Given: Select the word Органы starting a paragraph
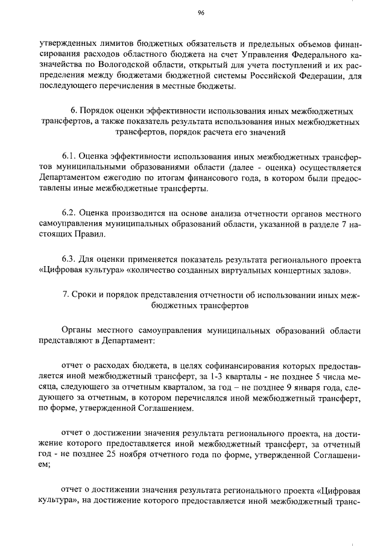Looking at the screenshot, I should click(77, 331).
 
